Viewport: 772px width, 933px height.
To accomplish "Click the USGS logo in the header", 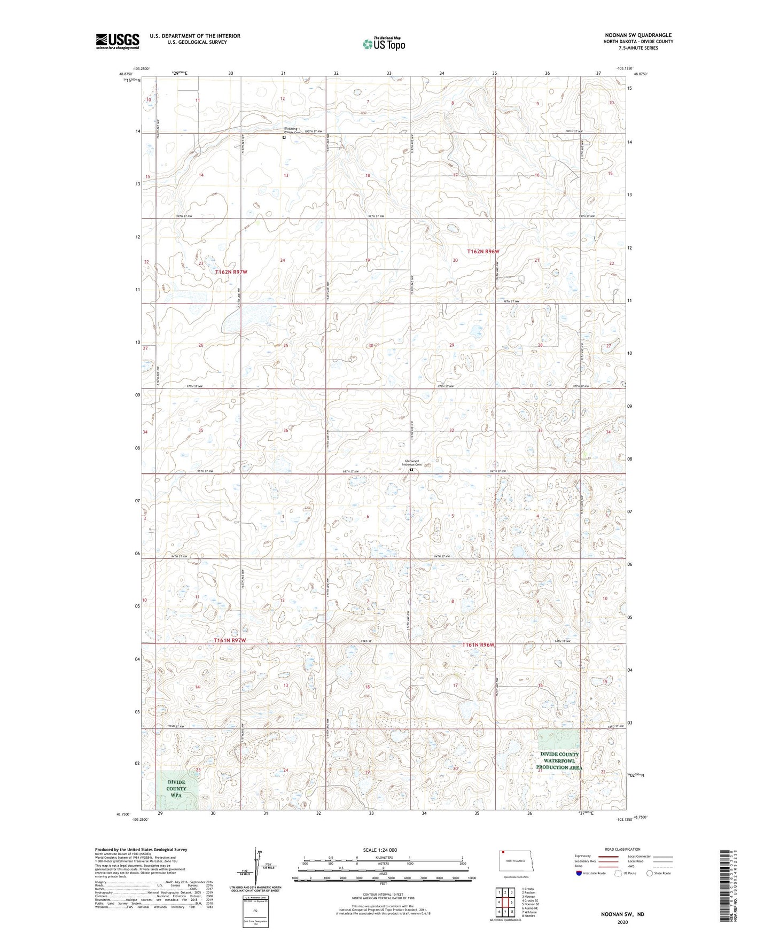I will (118, 41).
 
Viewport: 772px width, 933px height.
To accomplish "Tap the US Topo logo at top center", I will (384, 44).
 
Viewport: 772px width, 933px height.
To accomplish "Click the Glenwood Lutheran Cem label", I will (412, 463).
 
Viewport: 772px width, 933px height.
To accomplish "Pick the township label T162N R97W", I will (231, 272).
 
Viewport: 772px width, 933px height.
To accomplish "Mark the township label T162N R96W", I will (483, 251).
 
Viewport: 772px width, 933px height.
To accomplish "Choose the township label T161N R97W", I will (230, 640).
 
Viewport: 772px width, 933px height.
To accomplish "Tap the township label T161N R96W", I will (478, 645).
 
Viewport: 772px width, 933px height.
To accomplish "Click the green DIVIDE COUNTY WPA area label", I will (176, 789).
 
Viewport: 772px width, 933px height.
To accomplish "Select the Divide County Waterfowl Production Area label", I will (559, 761).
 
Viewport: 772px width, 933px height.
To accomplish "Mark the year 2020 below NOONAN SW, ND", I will (622, 922).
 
